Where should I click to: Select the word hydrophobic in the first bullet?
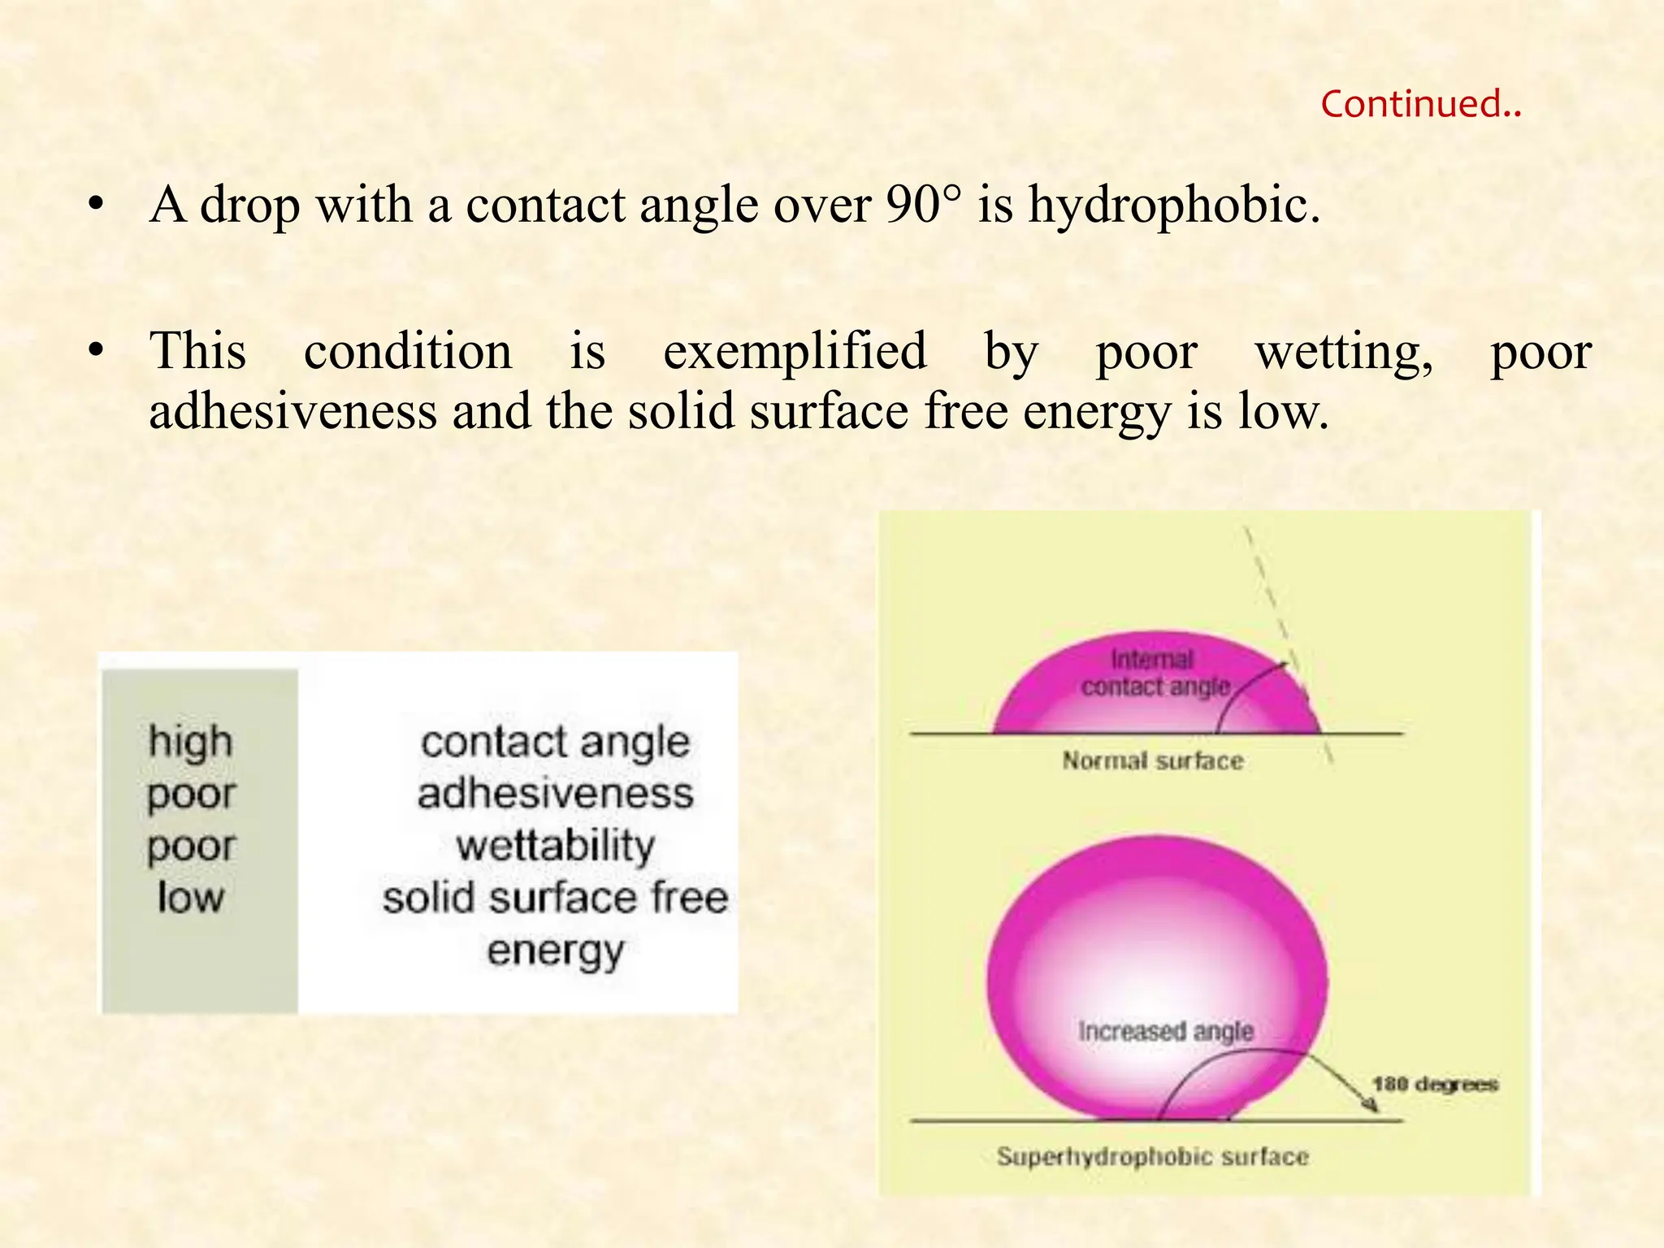(x=1174, y=206)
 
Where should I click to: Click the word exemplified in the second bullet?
(x=795, y=353)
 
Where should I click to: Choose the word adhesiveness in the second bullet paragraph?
(x=292, y=411)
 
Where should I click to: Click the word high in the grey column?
(x=191, y=742)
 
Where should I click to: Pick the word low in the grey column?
(x=190, y=898)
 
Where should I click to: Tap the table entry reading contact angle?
(x=555, y=743)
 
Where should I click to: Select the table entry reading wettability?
(x=555, y=846)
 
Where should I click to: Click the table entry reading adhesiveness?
(x=555, y=794)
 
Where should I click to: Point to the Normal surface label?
(x=1152, y=761)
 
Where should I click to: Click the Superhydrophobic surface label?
(x=1152, y=1157)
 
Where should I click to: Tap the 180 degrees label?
(x=1435, y=1085)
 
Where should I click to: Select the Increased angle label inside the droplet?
(x=1165, y=1032)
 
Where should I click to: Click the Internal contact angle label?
(x=1154, y=674)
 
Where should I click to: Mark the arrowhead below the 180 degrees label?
(x=1371, y=1106)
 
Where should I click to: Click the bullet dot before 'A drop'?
(x=97, y=206)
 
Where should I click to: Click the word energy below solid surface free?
(x=555, y=951)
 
